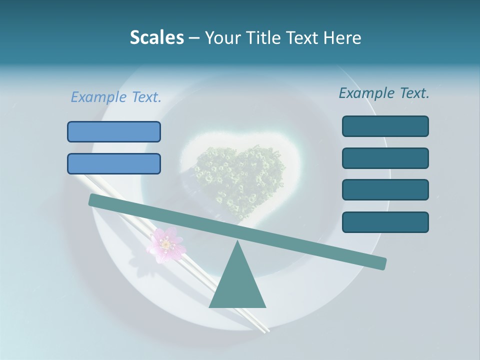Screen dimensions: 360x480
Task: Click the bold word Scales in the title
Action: [x=156, y=37]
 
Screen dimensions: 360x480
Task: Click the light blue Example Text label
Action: [x=116, y=97]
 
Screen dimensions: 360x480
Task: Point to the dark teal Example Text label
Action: [x=384, y=93]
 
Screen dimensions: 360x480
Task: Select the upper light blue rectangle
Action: [x=114, y=131]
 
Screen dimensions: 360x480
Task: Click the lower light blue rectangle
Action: [x=114, y=163]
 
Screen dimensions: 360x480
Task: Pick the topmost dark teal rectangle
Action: [x=385, y=126]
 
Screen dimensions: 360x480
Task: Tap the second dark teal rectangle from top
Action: [x=385, y=158]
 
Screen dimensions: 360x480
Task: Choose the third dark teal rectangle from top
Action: [x=385, y=190]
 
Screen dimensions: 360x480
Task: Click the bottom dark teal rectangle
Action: [x=385, y=222]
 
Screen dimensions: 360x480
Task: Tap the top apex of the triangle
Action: [x=238, y=242]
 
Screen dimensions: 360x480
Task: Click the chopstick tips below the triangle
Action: [x=262, y=327]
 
